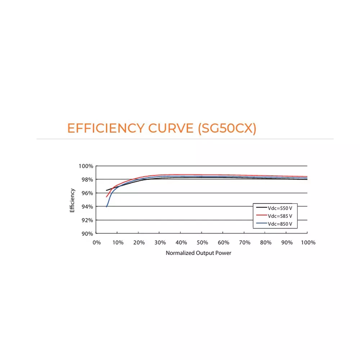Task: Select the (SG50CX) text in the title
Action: coord(227,129)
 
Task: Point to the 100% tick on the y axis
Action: coord(86,166)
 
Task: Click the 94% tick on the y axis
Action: coord(87,207)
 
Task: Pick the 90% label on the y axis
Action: coord(87,234)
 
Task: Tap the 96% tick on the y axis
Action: coord(87,193)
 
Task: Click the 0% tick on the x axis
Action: coord(96,243)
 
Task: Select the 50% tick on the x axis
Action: coord(202,243)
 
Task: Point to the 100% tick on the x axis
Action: coord(308,243)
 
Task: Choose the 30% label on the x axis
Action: coord(160,243)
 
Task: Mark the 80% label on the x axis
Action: coord(266,243)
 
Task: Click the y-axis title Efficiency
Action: coord(72,200)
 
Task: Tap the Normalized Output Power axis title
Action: coord(198,253)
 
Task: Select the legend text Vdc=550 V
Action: coord(280,208)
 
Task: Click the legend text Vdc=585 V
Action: coord(280,216)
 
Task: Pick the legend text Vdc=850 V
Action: coord(280,224)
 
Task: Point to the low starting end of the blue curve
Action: coord(107,207)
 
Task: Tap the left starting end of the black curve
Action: coord(107,190)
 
